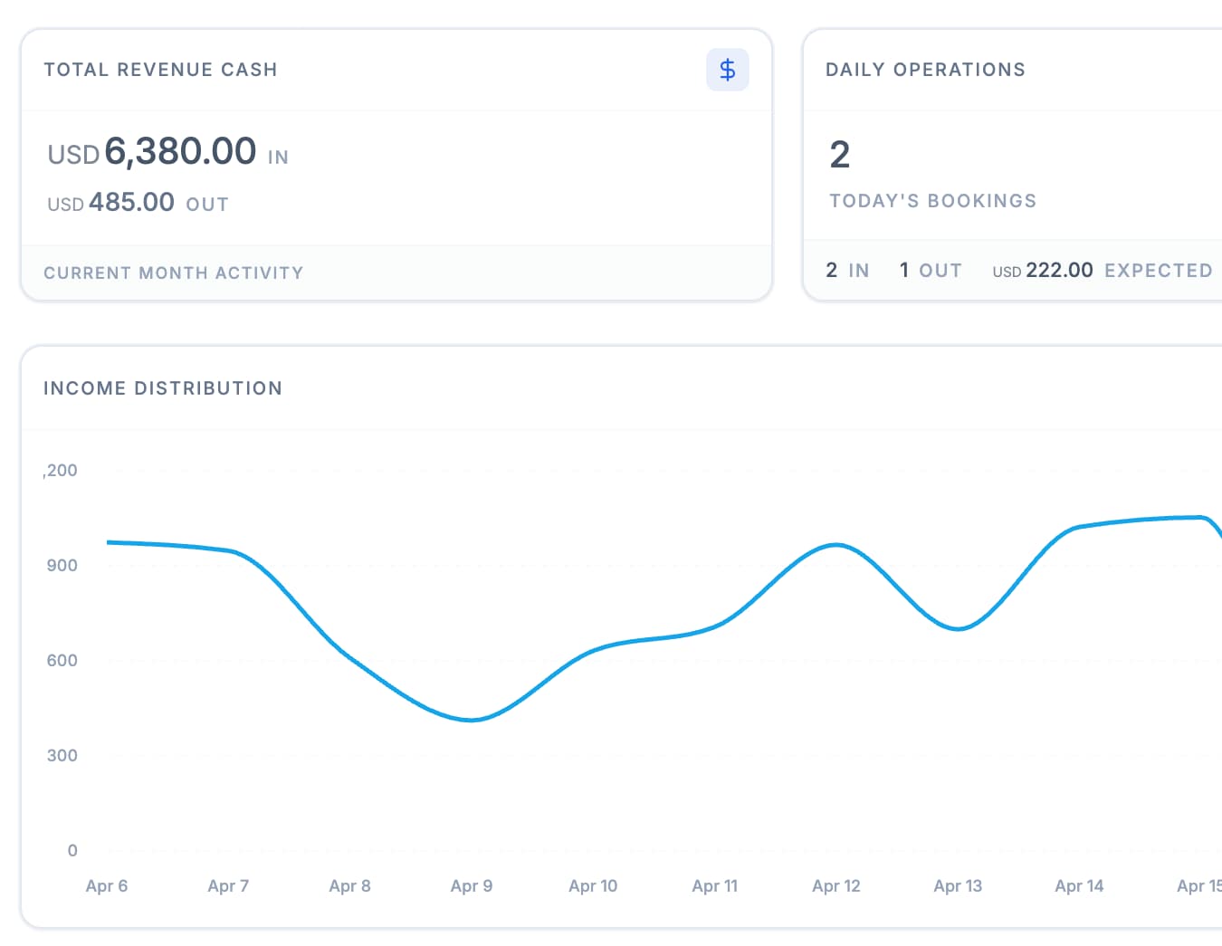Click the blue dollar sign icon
pyautogui.click(x=727, y=70)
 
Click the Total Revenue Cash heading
pyautogui.click(x=160, y=70)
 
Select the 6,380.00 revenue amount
pyautogui.click(x=180, y=151)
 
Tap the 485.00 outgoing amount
pyautogui.click(x=131, y=202)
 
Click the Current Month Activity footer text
pyautogui.click(x=173, y=272)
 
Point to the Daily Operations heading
pyautogui.click(x=925, y=70)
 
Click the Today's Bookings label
pyautogui.click(x=932, y=201)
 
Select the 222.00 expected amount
pyautogui.click(x=1059, y=271)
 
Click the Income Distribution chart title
pyautogui.click(x=163, y=388)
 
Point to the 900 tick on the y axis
pyautogui.click(x=62, y=566)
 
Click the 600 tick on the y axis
pyautogui.click(x=62, y=661)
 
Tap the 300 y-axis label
pyautogui.click(x=62, y=756)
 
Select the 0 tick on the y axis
pyautogui.click(x=72, y=851)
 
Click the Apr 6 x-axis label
pyautogui.click(x=107, y=886)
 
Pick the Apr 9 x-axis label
pyautogui.click(x=472, y=886)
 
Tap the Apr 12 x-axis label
pyautogui.click(x=836, y=886)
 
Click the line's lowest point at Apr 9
pyautogui.click(x=471, y=721)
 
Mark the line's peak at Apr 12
pyautogui.click(x=836, y=545)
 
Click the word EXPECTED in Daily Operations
pyautogui.click(x=1158, y=271)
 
